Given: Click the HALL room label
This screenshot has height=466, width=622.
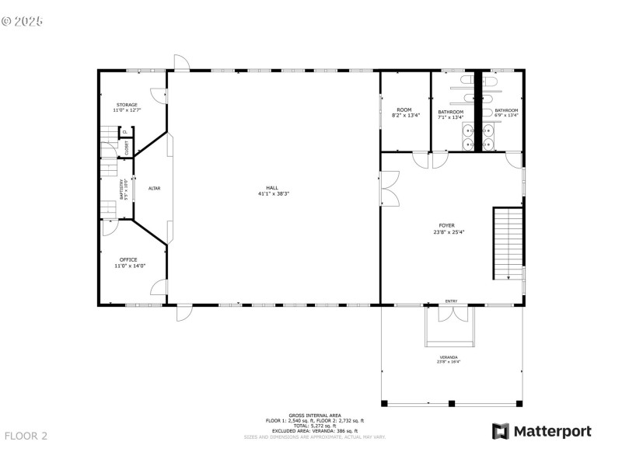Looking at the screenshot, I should click(272, 187).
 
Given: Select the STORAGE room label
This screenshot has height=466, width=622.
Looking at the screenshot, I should click(128, 105).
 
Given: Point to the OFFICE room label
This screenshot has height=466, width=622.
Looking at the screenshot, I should click(128, 259).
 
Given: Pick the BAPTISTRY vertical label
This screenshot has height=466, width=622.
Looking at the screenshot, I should click(122, 188).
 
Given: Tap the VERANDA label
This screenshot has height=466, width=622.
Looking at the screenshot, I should click(447, 357).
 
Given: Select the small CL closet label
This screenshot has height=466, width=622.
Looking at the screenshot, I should click(124, 132).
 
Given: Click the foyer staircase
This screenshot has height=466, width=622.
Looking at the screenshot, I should click(508, 243).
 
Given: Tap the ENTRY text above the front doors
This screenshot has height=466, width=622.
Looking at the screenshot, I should click(451, 301).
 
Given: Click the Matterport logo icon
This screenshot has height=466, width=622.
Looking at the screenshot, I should click(500, 431).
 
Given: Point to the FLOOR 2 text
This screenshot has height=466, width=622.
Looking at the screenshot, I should click(26, 436).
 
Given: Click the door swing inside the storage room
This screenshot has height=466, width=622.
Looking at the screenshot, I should click(159, 96).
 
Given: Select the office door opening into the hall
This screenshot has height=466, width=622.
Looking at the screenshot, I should click(159, 288).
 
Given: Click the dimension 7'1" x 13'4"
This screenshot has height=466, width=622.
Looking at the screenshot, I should click(450, 117).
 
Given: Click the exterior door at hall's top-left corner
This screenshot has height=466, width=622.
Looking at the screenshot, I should click(180, 62).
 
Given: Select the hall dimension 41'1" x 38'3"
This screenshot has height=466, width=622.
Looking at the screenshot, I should click(272, 193).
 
